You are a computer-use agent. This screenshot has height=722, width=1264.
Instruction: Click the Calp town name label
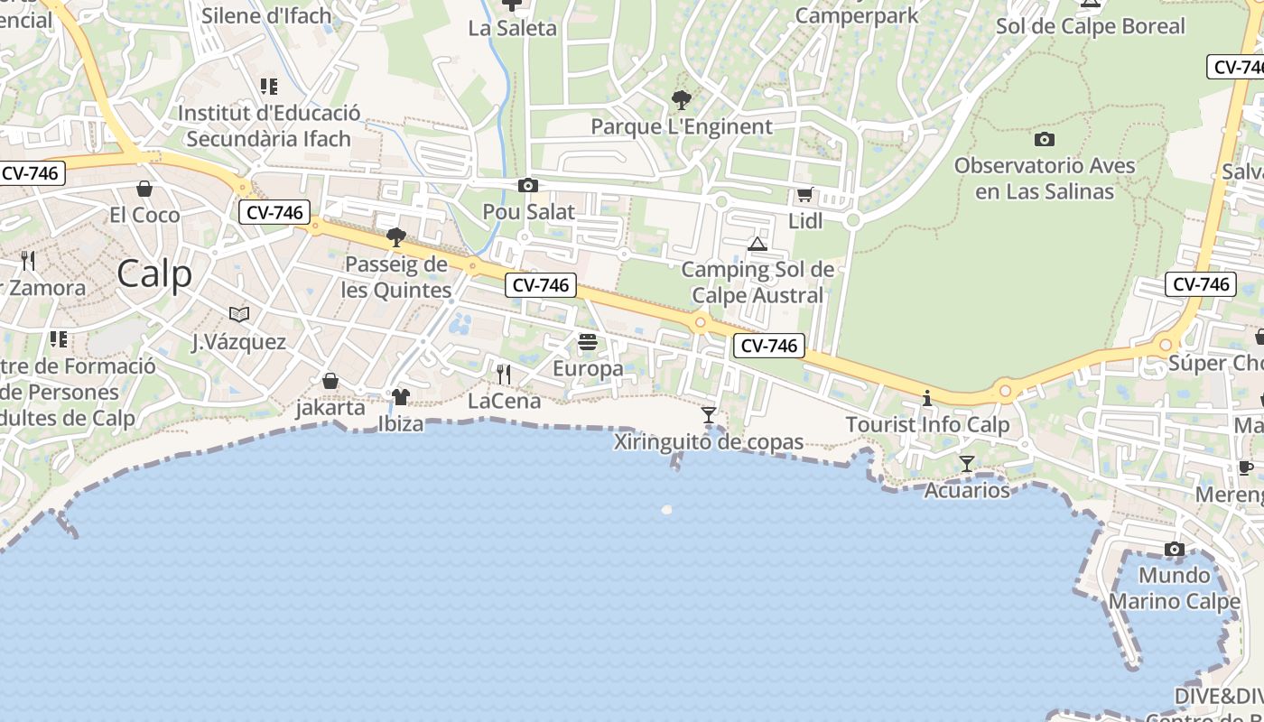(154, 273)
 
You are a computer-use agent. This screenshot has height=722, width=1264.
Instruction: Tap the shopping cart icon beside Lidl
(804, 194)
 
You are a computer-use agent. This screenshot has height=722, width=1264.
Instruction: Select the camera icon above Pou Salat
(528, 186)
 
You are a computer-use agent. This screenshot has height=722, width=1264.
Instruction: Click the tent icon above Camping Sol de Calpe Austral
(757, 244)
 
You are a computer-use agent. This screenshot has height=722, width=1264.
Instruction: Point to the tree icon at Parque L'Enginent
(682, 99)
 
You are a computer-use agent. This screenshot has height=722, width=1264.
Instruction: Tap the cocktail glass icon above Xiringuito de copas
(709, 415)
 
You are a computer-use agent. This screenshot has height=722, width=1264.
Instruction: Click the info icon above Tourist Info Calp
(926, 398)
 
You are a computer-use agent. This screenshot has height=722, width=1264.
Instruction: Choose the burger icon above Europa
(588, 342)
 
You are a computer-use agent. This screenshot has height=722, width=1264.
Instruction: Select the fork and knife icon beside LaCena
(504, 374)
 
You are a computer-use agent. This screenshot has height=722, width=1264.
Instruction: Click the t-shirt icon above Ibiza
(401, 397)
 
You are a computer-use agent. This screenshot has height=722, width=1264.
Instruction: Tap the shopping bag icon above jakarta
(330, 381)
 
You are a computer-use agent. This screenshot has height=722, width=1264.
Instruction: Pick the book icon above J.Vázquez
(239, 314)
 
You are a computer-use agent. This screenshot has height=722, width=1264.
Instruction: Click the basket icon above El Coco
(144, 189)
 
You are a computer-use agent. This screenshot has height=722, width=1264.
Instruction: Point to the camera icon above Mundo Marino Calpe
(1174, 549)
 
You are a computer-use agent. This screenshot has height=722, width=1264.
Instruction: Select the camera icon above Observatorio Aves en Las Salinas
(1045, 139)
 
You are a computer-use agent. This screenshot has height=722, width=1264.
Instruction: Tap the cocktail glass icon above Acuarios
(967, 464)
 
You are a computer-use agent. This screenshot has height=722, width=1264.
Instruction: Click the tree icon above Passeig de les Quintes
(395, 237)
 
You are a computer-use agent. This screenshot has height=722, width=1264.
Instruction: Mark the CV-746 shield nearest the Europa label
(540, 285)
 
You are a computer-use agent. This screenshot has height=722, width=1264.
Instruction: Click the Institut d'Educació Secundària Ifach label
(269, 125)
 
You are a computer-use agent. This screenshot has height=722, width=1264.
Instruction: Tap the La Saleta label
(513, 28)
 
